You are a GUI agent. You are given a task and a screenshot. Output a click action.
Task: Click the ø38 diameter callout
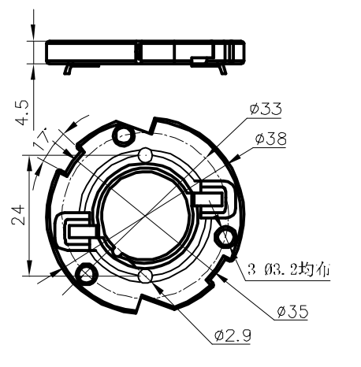[270, 139]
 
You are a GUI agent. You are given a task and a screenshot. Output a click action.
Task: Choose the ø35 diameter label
[292, 312]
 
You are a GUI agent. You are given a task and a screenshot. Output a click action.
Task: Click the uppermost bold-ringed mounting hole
[124, 137]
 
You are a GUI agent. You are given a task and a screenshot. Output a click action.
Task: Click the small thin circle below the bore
[144, 276]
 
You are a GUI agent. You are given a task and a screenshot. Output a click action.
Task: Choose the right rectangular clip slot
[213, 197]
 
